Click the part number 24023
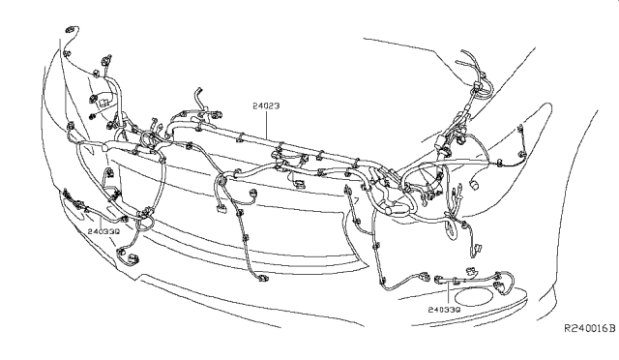266,105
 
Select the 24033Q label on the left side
103,231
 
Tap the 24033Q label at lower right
444,310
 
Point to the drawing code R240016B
589,328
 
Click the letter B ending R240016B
612,328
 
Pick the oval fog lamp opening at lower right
475,297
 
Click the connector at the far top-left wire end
71,29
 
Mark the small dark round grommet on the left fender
93,116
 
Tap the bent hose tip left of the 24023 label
197,91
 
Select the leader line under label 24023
267,124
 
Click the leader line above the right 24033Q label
449,293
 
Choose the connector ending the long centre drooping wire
263,278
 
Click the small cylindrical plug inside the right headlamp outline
474,183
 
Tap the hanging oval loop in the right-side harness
452,229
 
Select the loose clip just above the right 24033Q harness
471,271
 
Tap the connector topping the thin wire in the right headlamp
520,127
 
